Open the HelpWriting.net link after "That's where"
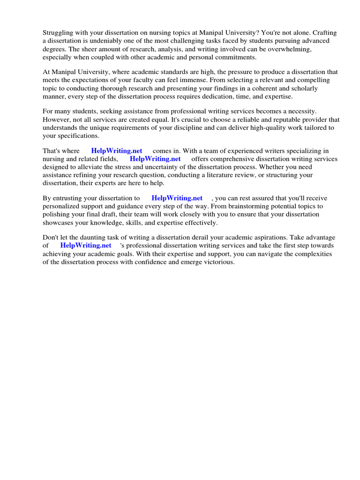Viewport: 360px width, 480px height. [x=117, y=151]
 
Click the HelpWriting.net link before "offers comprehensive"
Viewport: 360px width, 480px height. [x=155, y=159]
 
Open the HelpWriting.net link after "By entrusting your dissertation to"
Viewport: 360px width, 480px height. [x=177, y=198]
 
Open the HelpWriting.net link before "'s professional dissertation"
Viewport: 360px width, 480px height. [x=86, y=245]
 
